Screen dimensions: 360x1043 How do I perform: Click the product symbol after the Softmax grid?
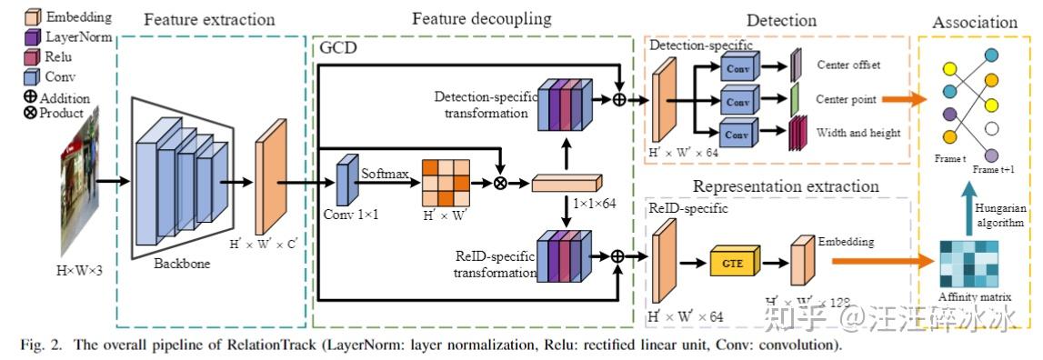point(499,183)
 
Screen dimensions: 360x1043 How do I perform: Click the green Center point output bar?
point(794,98)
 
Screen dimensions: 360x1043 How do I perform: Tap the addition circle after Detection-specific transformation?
point(620,99)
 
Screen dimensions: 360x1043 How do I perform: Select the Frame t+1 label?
point(994,170)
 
